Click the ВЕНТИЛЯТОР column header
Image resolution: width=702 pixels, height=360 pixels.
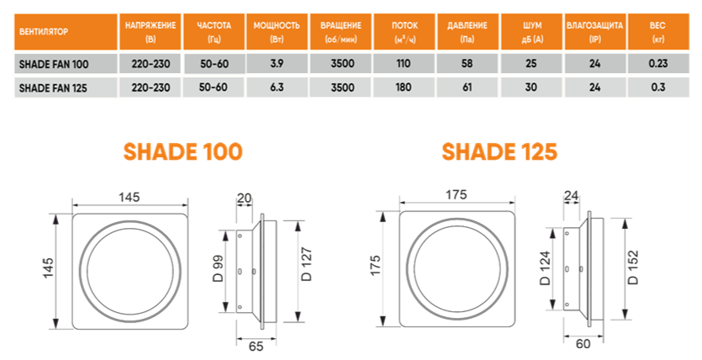(42, 33)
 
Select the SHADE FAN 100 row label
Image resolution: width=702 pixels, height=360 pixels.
(52, 64)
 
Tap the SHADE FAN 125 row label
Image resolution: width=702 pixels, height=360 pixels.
(52, 87)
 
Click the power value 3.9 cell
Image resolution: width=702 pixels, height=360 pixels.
(276, 64)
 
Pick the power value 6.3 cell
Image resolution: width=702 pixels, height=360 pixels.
(276, 87)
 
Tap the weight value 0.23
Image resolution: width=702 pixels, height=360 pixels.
(657, 64)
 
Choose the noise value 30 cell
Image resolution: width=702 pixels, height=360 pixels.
(532, 87)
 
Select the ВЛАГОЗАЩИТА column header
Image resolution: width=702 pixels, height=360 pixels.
(594, 33)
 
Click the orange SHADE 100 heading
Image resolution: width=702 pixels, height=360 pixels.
(182, 151)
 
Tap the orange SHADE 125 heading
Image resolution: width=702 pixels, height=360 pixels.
(499, 151)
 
